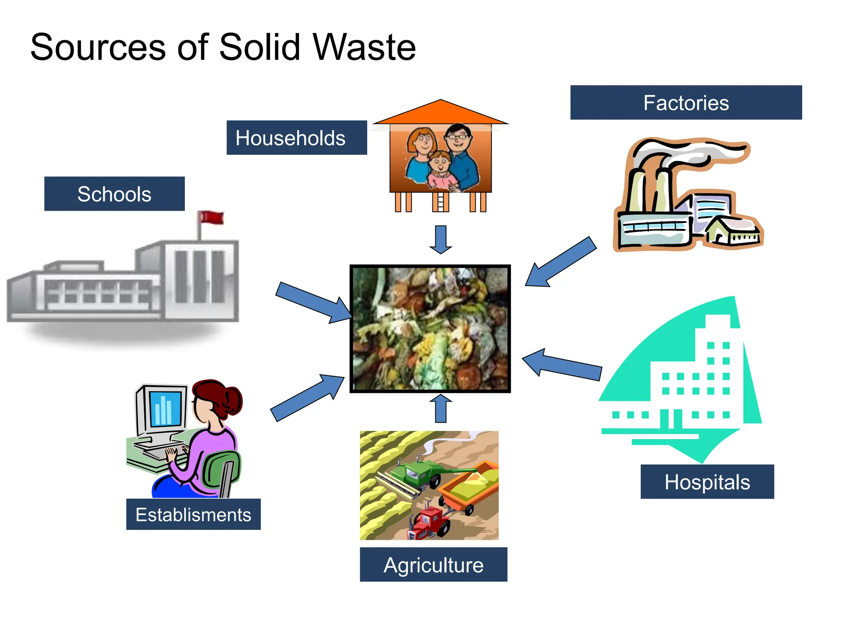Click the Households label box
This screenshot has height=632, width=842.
pyautogui.click(x=296, y=137)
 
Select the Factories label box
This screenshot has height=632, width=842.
pyautogui.click(x=686, y=102)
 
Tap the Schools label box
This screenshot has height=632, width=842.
pyautogui.click(x=114, y=194)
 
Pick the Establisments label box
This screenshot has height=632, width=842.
pyautogui.click(x=193, y=514)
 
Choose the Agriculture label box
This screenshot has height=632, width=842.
pyautogui.click(x=433, y=565)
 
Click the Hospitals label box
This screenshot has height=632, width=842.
pyautogui.click(x=707, y=482)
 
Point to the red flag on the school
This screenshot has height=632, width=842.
pyautogui.click(x=211, y=217)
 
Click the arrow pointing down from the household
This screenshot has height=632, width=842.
pyautogui.click(x=441, y=239)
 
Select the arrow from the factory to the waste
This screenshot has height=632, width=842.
pyautogui.click(x=561, y=262)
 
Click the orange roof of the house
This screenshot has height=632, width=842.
pyautogui.click(x=441, y=113)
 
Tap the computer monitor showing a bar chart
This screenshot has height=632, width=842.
pyautogui.click(x=164, y=409)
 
